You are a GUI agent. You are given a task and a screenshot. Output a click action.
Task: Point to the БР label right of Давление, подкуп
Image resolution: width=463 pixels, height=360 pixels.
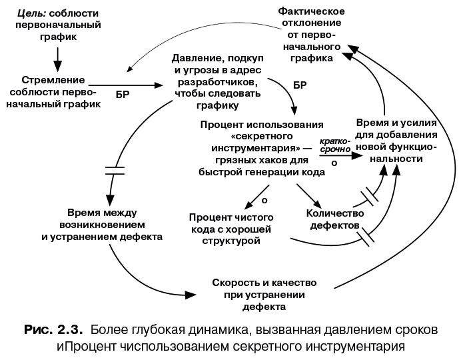300,85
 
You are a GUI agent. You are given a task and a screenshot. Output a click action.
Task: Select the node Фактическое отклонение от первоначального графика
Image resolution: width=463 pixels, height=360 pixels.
310,35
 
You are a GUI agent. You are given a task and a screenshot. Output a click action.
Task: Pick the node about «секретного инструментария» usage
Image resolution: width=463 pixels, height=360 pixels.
261,148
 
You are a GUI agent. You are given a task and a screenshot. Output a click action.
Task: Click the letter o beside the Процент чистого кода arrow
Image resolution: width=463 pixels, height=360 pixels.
264,199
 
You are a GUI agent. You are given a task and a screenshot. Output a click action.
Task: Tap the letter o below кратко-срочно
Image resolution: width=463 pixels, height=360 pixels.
334,162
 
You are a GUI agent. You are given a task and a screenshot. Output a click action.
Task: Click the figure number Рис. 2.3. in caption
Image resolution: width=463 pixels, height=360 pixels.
53,329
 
